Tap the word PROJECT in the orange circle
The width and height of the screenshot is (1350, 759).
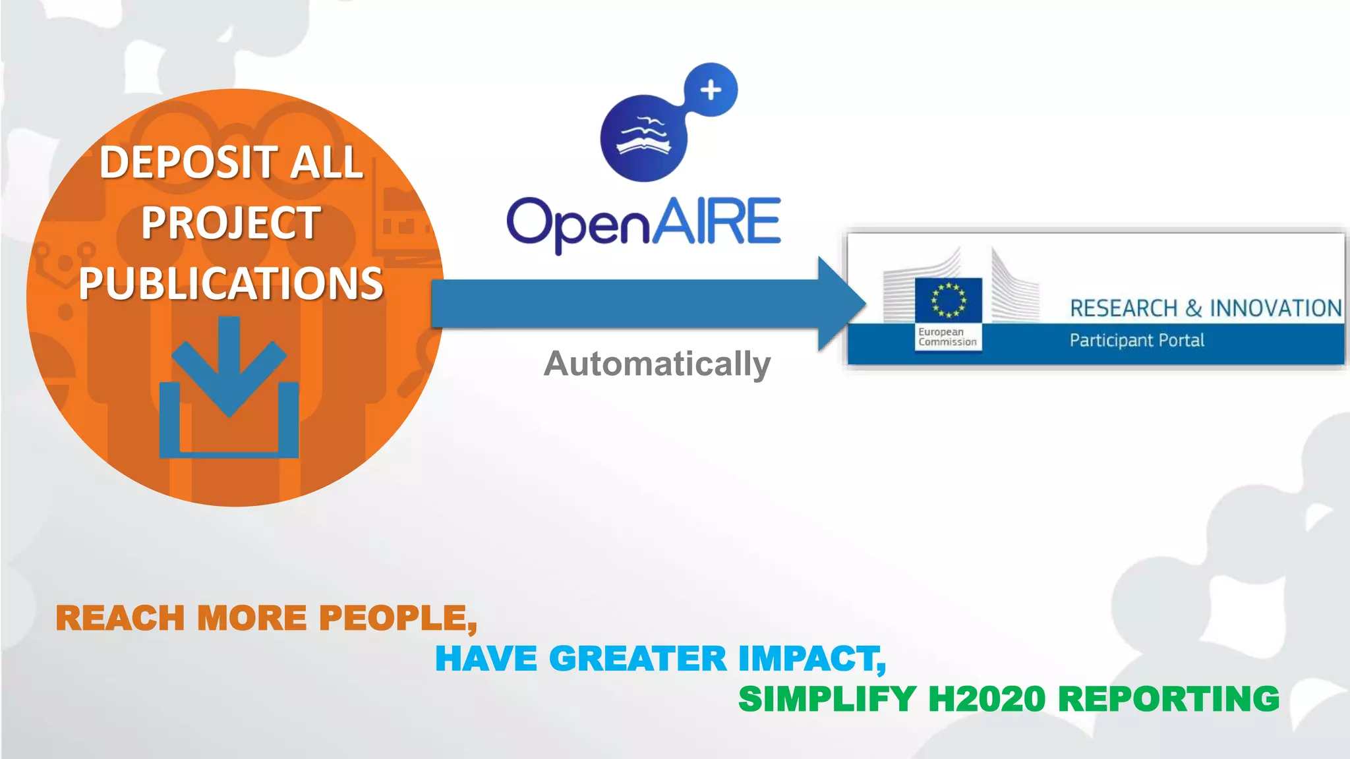pos(231,223)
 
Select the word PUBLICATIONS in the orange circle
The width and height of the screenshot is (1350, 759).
pos(231,283)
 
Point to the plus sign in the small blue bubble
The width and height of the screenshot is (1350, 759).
pos(711,90)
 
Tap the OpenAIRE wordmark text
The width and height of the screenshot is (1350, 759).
pos(643,223)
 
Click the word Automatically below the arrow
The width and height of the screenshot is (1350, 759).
pos(657,364)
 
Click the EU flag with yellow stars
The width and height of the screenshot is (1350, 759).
pos(949,300)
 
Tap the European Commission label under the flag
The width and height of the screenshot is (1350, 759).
pos(947,337)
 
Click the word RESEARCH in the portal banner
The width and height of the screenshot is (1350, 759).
pos(1123,308)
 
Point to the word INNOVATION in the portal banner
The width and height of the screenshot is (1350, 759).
pos(1275,308)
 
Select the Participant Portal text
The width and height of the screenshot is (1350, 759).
pos(1136,341)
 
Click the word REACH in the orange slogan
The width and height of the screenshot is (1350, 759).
pos(120,619)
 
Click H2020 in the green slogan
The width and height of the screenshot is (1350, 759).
pos(986,699)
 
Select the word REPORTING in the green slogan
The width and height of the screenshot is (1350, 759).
pos(1168,699)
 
